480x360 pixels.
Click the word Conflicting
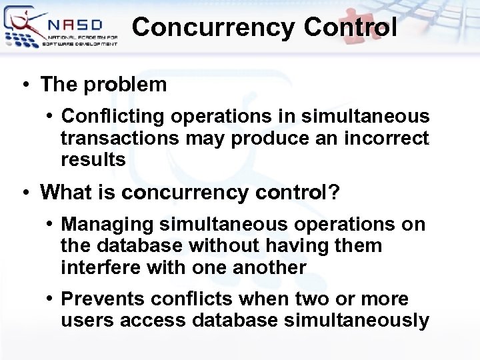(112, 117)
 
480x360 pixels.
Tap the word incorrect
(387, 138)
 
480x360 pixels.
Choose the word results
(93, 160)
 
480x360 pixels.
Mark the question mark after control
(333, 193)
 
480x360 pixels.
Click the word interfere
(99, 267)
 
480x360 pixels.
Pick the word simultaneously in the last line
(357, 321)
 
